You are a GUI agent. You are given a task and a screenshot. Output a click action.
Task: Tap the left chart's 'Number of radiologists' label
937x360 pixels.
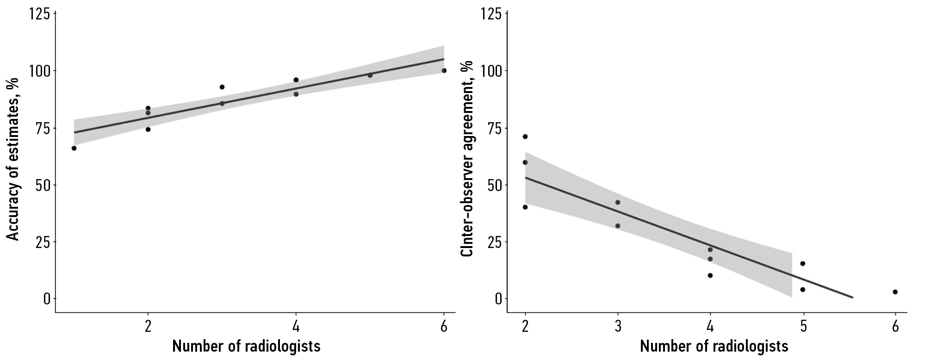246,346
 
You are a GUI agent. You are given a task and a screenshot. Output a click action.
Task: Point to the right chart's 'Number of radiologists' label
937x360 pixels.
714,346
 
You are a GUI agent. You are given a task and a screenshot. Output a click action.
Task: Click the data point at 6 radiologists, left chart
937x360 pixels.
444,70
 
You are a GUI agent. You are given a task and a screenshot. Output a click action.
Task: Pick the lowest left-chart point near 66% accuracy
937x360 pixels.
74,148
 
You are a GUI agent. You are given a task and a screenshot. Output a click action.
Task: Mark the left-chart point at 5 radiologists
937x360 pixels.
370,75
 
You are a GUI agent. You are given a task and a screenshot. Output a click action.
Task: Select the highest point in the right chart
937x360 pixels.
525,137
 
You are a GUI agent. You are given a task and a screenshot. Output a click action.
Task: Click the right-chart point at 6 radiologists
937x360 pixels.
895,292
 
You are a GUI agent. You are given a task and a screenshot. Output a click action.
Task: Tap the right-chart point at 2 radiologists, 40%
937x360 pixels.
525,207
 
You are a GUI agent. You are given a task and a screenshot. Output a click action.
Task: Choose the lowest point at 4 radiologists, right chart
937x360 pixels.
710,275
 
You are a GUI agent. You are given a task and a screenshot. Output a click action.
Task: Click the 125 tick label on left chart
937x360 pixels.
39,14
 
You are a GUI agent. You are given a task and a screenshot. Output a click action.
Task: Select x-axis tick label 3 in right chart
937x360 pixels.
618,327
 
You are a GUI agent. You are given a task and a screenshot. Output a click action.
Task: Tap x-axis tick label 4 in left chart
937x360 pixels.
296,327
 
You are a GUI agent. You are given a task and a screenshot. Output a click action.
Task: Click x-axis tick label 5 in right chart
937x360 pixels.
803,327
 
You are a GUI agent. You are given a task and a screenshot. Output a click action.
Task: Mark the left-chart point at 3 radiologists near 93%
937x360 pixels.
222,87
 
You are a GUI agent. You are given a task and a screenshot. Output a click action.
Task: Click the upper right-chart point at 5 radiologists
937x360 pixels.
803,264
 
